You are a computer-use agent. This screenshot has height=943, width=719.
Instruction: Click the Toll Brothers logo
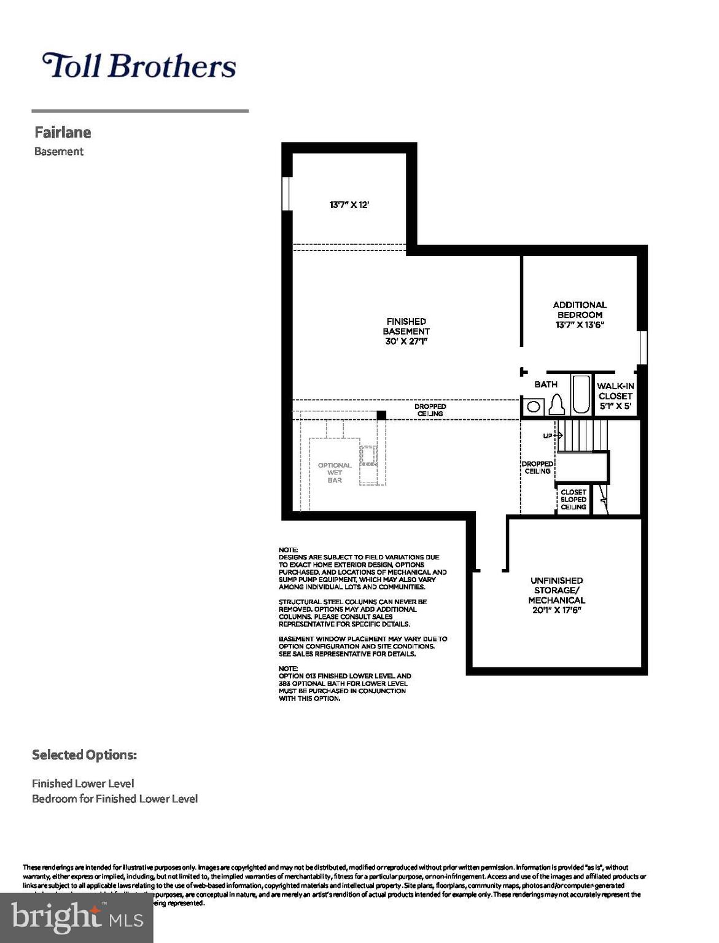pos(139,66)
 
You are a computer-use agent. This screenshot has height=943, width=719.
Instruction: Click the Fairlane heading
pos(63,133)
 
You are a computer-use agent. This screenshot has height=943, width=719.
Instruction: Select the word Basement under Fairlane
pos(59,152)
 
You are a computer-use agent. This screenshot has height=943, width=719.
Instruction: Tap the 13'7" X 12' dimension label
pos(349,205)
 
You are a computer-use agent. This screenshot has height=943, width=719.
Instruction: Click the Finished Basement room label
pos(406,331)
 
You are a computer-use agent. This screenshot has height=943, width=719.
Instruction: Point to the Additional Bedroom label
pos(580,314)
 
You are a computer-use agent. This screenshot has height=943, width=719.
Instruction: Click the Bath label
pos(546,384)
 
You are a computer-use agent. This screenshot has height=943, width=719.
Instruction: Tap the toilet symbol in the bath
pos(557,405)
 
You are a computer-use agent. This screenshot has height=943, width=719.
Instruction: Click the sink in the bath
pos(534,406)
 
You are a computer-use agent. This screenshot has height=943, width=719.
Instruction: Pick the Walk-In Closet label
pos(615,396)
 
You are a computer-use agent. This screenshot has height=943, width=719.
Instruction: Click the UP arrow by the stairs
pos(552,435)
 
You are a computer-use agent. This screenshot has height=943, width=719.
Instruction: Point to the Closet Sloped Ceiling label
pos(573,500)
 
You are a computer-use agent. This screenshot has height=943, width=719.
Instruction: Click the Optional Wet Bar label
pos(335,473)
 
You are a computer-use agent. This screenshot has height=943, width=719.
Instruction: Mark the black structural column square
pos(381,415)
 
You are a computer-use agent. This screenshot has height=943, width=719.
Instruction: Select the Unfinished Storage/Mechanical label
pos(557,595)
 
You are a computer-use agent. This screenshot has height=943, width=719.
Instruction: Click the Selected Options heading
pos(84,755)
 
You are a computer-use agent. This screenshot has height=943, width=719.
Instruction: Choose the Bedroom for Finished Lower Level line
pos(115,799)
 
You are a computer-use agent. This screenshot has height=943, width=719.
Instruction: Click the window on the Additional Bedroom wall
pos(643,347)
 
